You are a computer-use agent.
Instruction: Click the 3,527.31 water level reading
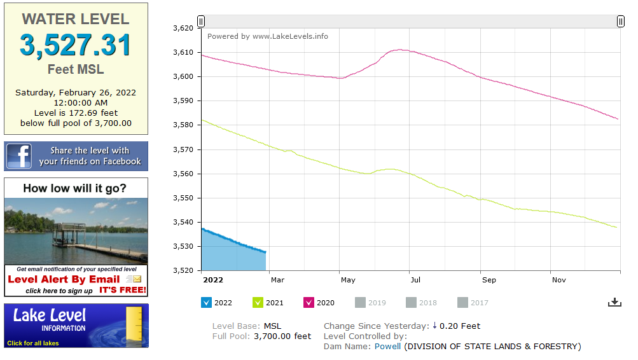pos(76,45)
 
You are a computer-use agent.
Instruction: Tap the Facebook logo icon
pos(19,156)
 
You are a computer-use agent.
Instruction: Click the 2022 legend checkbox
pos(206,303)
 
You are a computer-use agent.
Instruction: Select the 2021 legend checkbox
pos(258,303)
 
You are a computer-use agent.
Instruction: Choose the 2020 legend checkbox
pos(309,303)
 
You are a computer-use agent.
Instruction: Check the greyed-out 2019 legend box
pos(361,303)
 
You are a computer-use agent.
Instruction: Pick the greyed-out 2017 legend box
pos(463,303)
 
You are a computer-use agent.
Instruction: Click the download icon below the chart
pos(614,302)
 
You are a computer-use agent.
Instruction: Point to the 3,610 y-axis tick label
pos(183,52)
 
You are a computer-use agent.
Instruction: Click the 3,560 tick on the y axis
pos(183,174)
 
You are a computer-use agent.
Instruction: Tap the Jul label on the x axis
pos(415,280)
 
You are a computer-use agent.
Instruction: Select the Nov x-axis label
pos(558,280)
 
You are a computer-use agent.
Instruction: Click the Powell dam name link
pos(387,347)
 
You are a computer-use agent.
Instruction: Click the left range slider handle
pos(201,22)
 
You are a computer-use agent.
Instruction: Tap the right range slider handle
pos(620,22)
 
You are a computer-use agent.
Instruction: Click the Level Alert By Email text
pos(64,279)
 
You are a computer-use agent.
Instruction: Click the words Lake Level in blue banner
pos(50,315)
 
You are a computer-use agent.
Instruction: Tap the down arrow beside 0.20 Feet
pos(434,326)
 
